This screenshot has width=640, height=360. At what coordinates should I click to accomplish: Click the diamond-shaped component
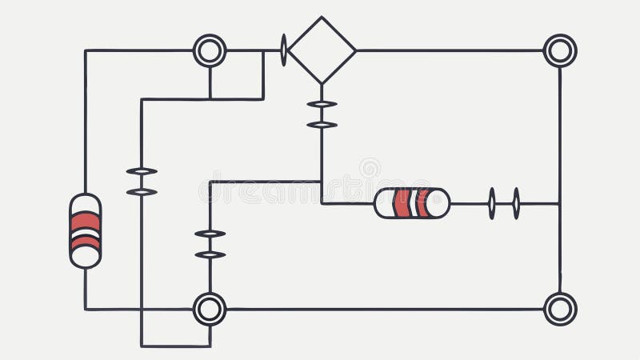322,50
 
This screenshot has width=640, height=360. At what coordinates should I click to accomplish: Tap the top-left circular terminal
210,50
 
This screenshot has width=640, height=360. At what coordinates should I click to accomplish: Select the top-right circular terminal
560,50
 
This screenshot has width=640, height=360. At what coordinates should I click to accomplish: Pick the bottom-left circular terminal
210,309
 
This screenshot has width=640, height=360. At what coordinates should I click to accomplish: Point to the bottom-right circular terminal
560,309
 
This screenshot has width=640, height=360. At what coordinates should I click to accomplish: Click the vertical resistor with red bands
86,230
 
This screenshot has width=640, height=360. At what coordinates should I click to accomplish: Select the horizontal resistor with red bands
412,203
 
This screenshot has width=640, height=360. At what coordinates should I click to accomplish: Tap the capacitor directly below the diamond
322,114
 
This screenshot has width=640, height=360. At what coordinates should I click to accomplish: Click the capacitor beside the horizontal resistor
504,203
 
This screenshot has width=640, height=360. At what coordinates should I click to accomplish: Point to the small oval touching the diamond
283,50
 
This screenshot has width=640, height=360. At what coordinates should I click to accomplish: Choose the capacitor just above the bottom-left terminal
210,244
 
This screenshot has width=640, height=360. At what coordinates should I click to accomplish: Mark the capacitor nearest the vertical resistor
142,182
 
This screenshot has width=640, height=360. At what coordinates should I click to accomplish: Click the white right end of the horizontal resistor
438,203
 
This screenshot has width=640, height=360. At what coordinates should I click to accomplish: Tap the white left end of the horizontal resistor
384,203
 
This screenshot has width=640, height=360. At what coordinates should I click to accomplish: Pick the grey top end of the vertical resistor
86,203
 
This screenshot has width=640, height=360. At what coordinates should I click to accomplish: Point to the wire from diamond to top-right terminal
448,50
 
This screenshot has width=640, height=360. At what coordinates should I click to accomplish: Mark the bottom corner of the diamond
322,82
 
